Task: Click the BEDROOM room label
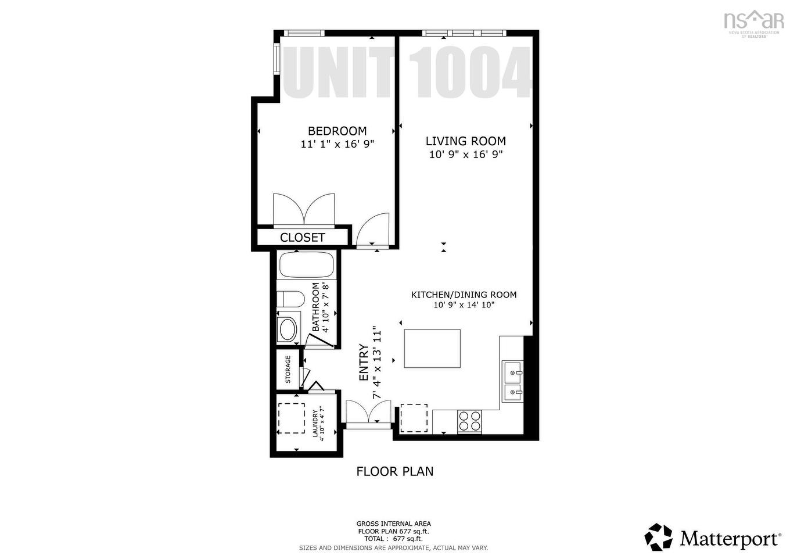[x=337, y=131]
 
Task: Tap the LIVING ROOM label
[x=465, y=141]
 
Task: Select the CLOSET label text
[x=302, y=238]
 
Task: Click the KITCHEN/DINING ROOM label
[x=464, y=295]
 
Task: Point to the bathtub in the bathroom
[x=307, y=265]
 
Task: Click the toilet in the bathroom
[x=290, y=300]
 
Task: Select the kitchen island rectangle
[x=432, y=349]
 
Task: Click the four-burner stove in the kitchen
[x=470, y=421]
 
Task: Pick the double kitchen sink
[x=512, y=381]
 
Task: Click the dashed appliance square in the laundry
[x=291, y=418]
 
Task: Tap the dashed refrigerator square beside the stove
[x=414, y=418]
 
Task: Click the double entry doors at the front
[x=368, y=414]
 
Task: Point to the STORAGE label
[x=288, y=370]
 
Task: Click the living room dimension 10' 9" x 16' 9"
[x=465, y=155]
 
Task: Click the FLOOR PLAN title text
[x=394, y=471]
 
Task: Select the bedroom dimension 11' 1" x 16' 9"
[x=337, y=144]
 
